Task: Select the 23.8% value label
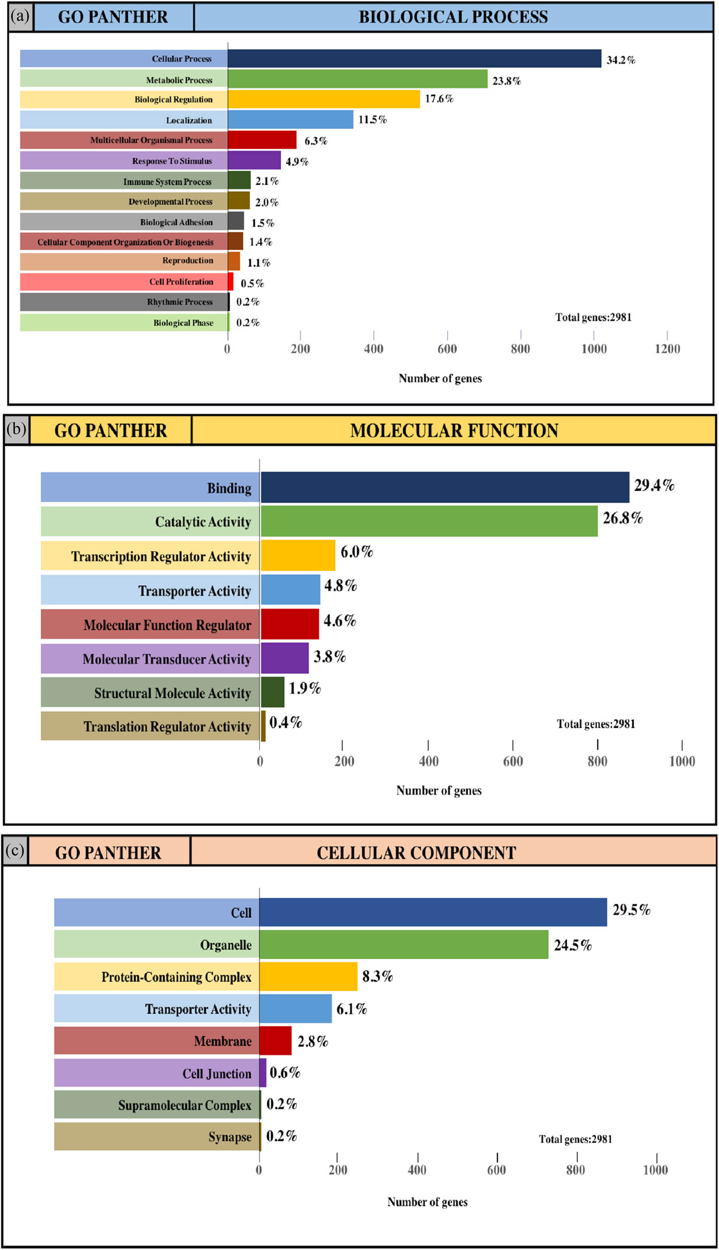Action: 506,81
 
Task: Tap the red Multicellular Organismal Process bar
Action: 262,140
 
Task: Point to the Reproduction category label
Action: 188,260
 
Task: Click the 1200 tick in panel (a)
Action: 667,349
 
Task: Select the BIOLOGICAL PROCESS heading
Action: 453,17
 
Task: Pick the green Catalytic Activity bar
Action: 429,521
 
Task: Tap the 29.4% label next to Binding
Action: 654,485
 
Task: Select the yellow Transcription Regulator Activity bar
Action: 298,555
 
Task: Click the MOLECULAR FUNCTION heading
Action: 454,431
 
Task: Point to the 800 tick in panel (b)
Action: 597,761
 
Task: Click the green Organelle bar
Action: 403,944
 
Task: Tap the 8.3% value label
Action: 377,976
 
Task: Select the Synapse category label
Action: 230,1137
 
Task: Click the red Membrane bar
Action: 275,1040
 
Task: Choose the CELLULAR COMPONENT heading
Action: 416,853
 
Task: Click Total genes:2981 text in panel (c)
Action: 575,1139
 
